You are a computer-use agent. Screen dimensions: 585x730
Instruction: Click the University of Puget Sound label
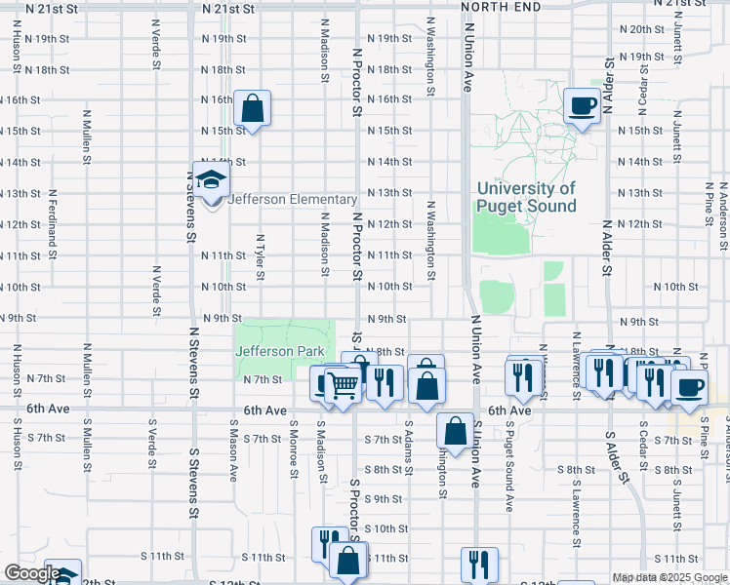click(525, 197)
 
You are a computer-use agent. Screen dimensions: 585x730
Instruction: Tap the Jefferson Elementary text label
click(292, 200)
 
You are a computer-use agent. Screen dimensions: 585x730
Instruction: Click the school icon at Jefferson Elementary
click(211, 180)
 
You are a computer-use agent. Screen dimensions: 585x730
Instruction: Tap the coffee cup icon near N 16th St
click(583, 105)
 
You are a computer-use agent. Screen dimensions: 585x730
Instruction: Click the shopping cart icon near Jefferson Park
click(341, 386)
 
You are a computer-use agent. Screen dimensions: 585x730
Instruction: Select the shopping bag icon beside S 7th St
click(455, 430)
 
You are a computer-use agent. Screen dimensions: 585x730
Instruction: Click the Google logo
click(31, 573)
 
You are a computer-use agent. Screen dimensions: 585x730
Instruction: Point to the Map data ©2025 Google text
click(669, 577)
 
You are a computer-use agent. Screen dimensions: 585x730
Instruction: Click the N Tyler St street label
click(261, 255)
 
